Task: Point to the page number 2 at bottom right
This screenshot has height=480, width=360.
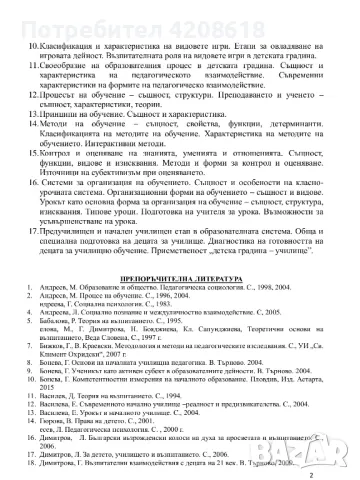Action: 340,461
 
